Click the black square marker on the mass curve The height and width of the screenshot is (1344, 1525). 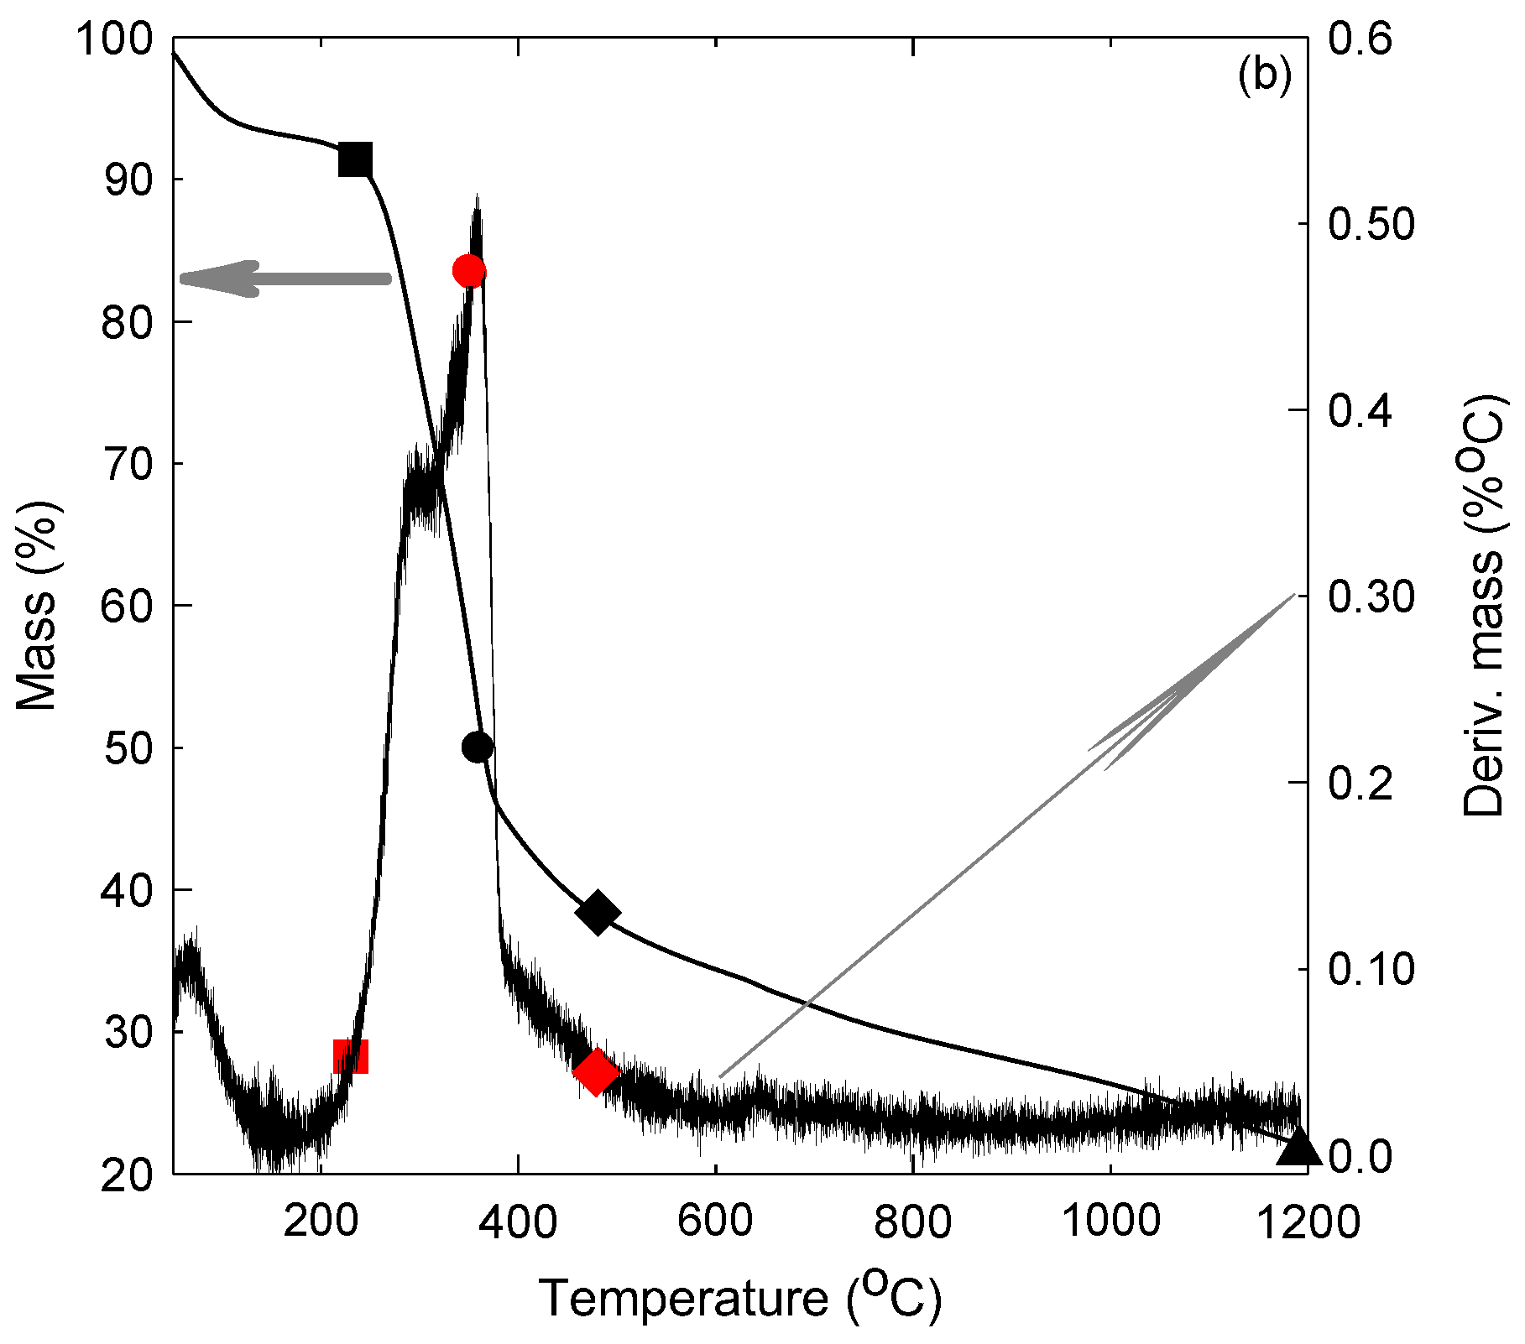pyautogui.click(x=355, y=159)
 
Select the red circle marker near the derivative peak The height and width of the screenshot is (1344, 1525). pyautogui.click(x=469, y=271)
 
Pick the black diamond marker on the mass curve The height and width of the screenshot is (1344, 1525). pyautogui.click(x=598, y=913)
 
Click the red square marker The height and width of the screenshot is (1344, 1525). pyautogui.click(x=351, y=1056)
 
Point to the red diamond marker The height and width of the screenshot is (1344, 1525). pyautogui.click(x=596, y=1072)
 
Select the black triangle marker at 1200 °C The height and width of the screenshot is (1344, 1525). pyautogui.click(x=1298, y=1147)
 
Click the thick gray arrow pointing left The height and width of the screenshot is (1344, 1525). pyautogui.click(x=285, y=279)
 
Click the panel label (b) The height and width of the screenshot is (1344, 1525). pyautogui.click(x=1264, y=76)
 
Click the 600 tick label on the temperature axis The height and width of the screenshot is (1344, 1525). pyautogui.click(x=715, y=1222)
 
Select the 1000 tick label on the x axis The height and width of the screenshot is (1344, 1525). pyautogui.click(x=1111, y=1222)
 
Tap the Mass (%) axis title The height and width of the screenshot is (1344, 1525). pyautogui.click(x=37, y=604)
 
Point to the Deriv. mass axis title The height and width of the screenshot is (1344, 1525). pyautogui.click(x=1483, y=604)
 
